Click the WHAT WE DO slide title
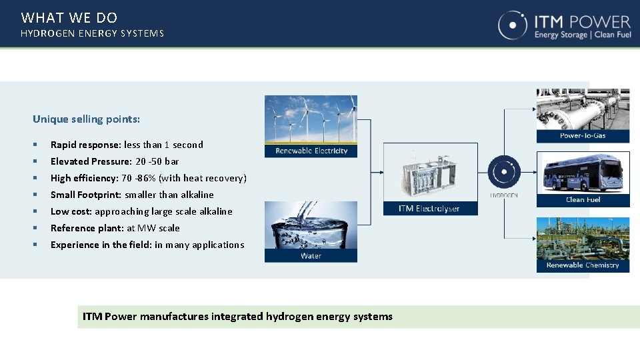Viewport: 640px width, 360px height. [69, 18]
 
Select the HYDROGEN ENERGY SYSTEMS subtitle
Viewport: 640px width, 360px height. [92, 33]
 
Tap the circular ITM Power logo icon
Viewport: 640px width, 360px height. [513, 25]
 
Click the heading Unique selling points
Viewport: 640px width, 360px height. [87, 119]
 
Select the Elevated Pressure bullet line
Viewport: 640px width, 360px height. [115, 161]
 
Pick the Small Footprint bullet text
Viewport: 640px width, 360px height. [132, 195]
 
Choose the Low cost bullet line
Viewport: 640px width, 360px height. [141, 211]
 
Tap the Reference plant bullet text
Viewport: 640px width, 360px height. [115, 228]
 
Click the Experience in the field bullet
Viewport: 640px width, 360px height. [147, 245]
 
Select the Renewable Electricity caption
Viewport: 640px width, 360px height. [311, 151]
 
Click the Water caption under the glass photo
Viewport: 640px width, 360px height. [311, 255]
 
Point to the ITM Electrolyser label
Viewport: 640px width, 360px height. [429, 209]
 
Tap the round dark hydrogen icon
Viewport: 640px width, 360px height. [504, 172]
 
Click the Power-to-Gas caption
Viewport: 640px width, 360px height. [583, 136]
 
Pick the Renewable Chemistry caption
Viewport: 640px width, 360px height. [583, 265]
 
